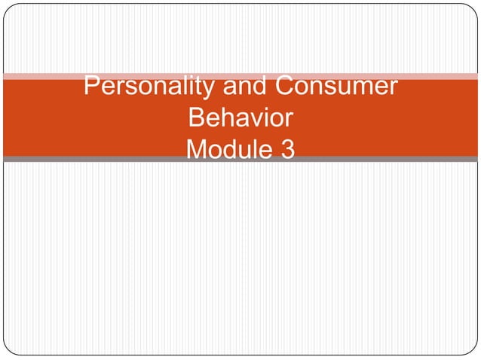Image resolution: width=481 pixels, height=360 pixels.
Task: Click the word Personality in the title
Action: click(149, 87)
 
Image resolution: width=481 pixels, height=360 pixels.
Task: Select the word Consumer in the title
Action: click(335, 87)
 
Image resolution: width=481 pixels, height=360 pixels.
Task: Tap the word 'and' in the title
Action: click(244, 87)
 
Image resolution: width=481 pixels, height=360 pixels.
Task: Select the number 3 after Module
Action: click(287, 151)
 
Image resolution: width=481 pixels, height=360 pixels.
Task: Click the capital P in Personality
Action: click(92, 87)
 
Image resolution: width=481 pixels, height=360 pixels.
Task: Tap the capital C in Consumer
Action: click(285, 87)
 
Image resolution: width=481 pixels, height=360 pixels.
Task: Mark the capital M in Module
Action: click(198, 151)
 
